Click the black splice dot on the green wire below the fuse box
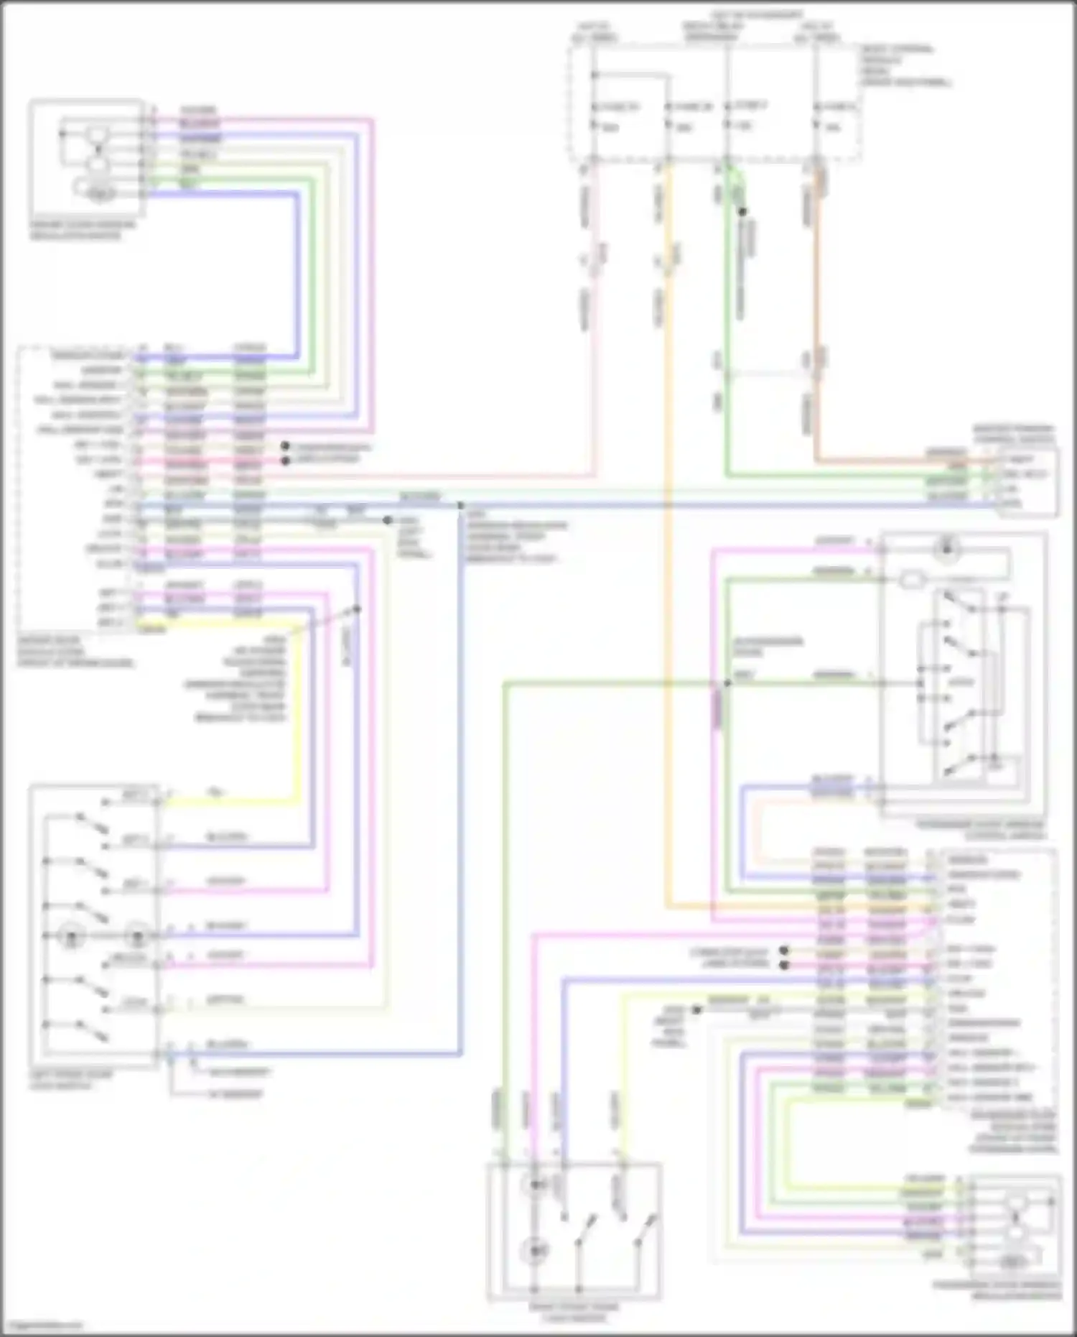[x=742, y=212]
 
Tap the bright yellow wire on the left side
[x=297, y=711]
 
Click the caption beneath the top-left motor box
[x=82, y=230]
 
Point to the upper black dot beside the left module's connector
[x=285, y=446]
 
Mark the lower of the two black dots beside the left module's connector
[x=285, y=461]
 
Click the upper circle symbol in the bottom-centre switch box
[x=535, y=1185]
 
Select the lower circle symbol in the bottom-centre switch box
[x=535, y=1251]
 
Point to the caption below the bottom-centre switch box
[x=574, y=1313]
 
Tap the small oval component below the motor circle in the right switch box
[x=911, y=580]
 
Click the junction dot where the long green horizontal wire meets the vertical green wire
[x=727, y=683]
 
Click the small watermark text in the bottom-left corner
[x=42, y=1326]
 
